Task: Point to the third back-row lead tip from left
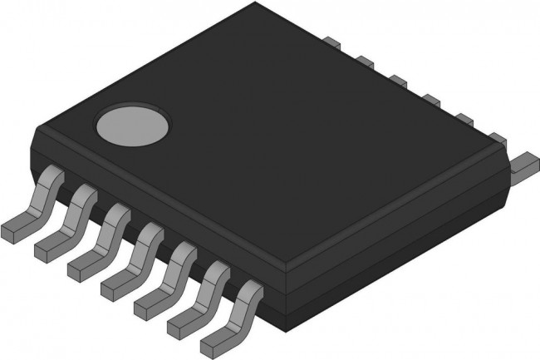[397, 81]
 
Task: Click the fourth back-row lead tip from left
[430, 101]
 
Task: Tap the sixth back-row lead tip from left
[496, 138]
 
